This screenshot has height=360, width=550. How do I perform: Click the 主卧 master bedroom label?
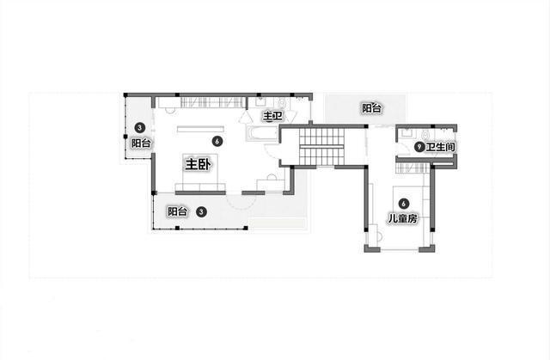tap(199, 164)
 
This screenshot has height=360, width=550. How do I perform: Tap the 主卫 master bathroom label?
tap(272, 116)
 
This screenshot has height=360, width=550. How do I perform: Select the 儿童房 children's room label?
tap(403, 219)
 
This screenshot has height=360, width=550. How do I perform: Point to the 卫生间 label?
tap(441, 147)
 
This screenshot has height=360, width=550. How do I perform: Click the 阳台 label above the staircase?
tap(371, 108)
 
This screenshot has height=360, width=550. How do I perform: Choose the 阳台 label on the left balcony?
tap(141, 143)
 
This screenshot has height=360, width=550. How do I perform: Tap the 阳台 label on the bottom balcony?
tap(178, 211)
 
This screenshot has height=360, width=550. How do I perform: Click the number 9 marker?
tap(419, 147)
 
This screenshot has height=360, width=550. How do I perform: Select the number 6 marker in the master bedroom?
tap(217, 141)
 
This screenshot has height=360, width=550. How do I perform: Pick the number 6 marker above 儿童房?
tap(404, 204)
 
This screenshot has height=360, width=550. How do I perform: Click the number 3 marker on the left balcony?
tap(140, 128)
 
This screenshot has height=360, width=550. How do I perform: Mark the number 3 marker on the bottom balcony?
tap(201, 211)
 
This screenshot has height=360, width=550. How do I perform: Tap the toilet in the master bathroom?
tap(283, 104)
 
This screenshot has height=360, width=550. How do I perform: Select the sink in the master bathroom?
tap(260, 102)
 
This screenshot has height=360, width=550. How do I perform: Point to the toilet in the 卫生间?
tap(426, 134)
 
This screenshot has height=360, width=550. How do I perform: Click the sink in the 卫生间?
tap(406, 132)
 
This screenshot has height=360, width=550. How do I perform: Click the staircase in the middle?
tap(321, 146)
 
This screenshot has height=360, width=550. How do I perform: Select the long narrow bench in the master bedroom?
tap(200, 129)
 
